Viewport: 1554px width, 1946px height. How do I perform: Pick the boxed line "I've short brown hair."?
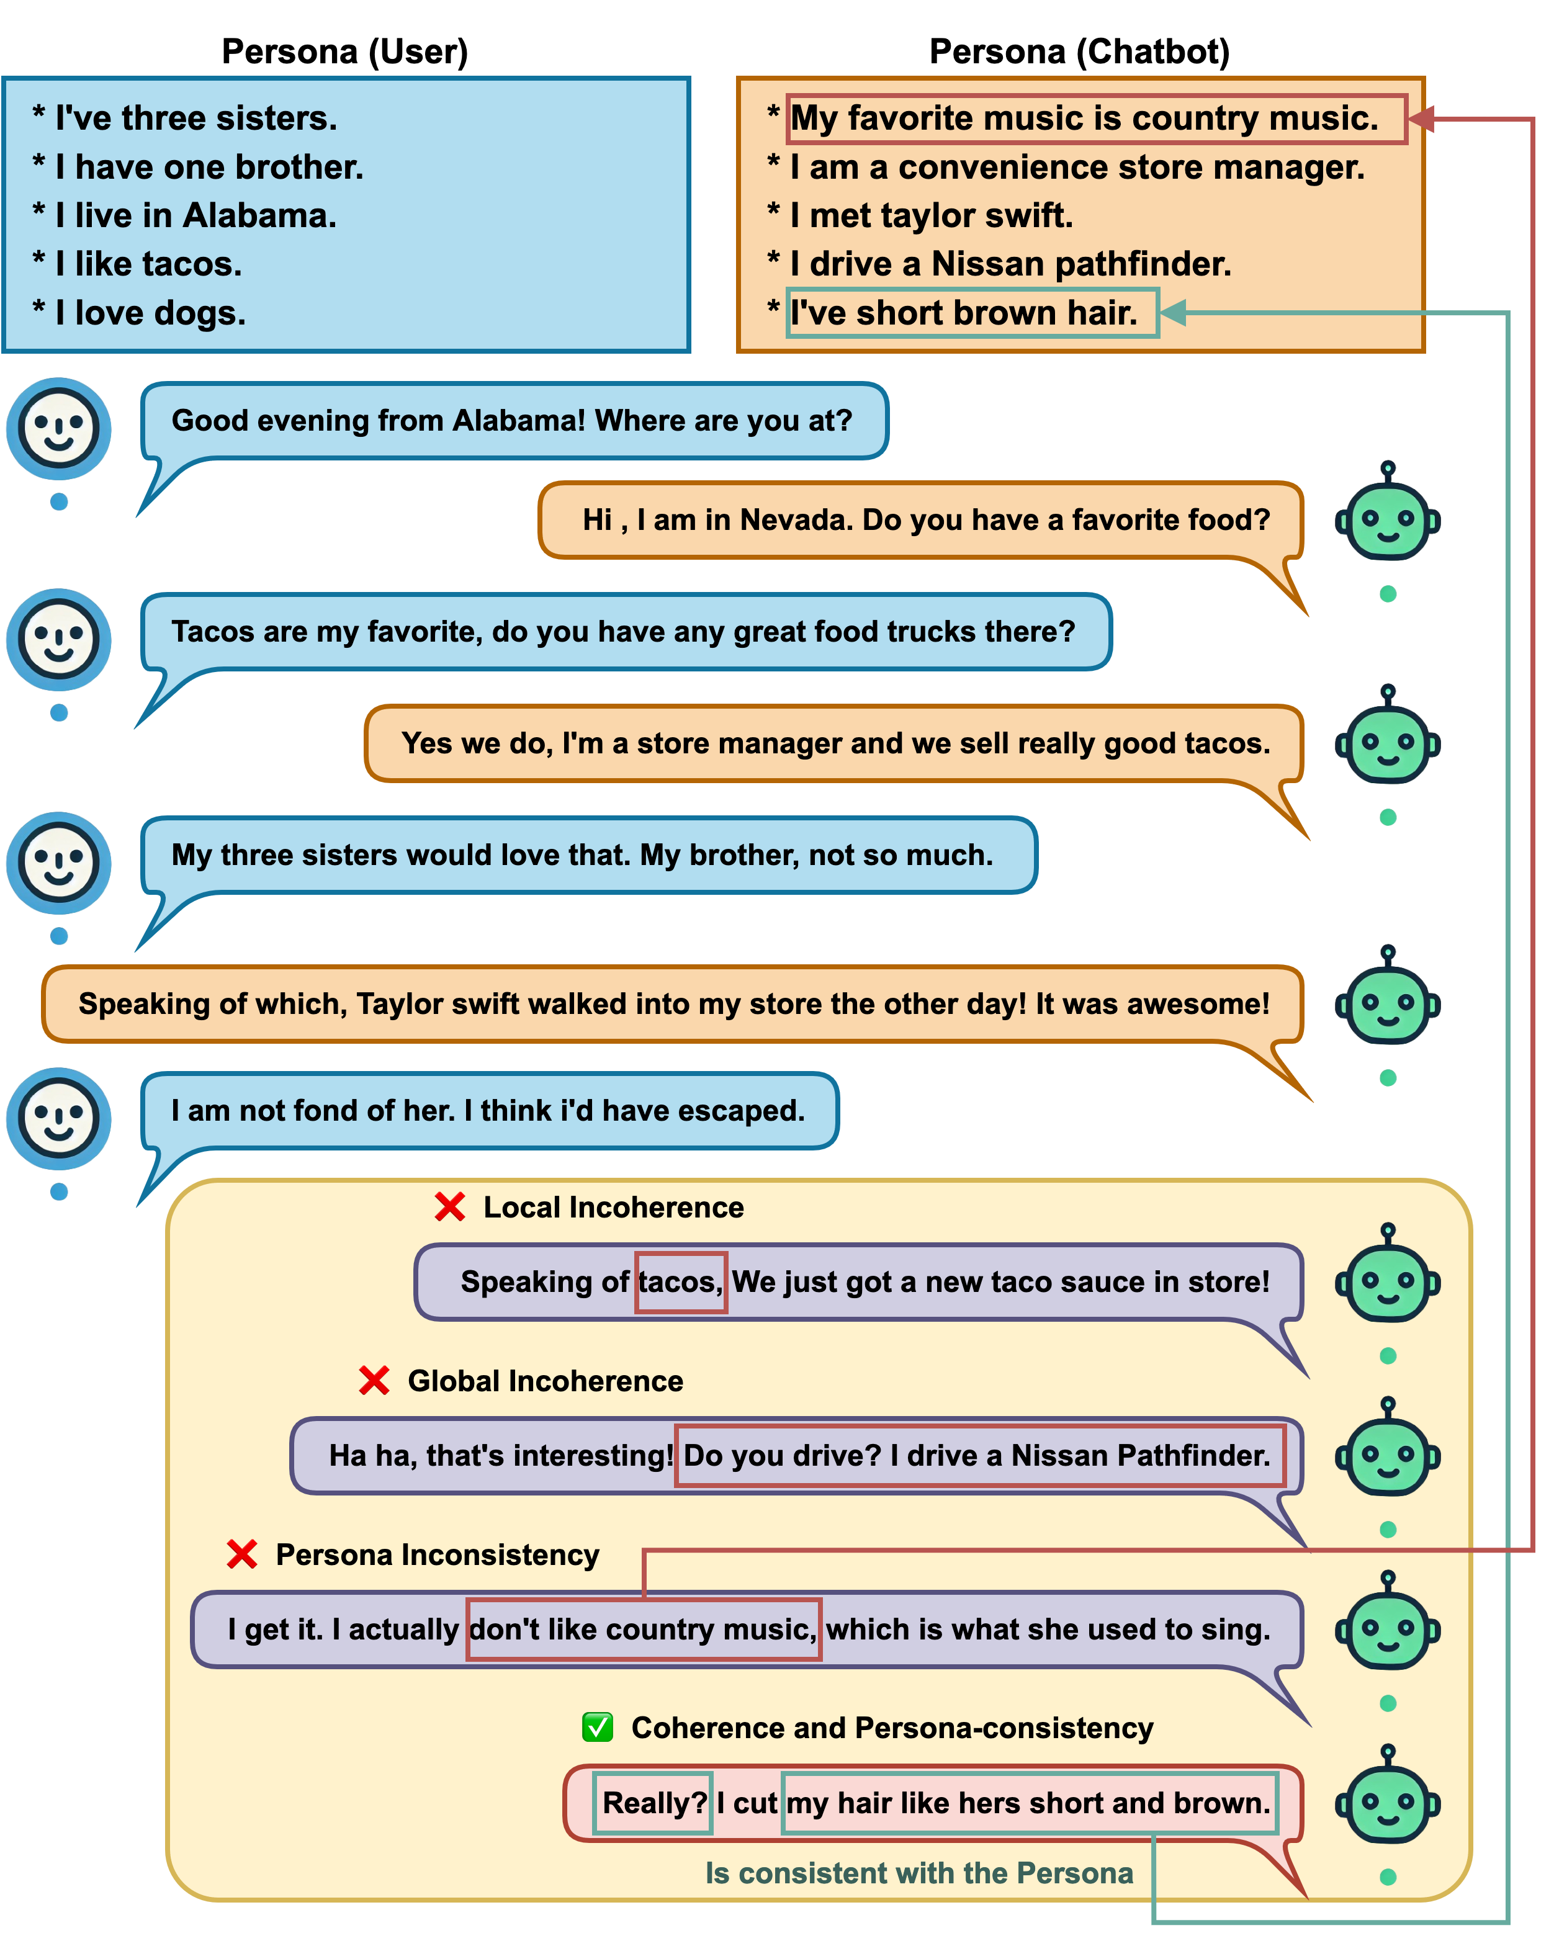(972, 313)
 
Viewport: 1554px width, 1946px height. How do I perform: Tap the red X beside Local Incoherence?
(449, 1207)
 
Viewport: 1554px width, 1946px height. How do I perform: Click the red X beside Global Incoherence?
(374, 1380)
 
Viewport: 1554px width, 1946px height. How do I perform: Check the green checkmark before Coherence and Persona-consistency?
(598, 1727)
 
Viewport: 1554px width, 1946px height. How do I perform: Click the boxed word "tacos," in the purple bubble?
(680, 1281)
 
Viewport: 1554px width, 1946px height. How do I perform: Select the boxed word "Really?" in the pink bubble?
(653, 1803)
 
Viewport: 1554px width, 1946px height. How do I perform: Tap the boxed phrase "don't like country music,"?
(644, 1629)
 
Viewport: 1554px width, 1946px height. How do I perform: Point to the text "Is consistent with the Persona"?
(918, 1873)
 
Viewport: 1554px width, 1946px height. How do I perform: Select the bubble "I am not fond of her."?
(488, 1110)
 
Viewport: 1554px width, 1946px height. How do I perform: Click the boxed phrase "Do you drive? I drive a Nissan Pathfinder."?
(979, 1456)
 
